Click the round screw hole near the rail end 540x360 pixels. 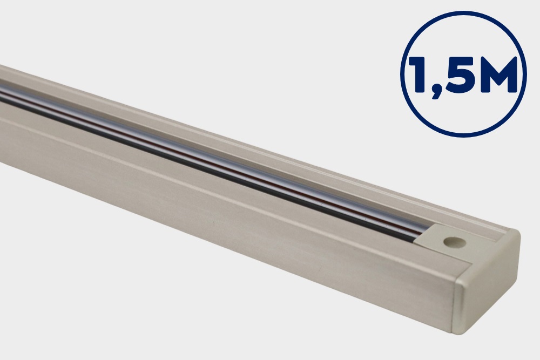[455, 242]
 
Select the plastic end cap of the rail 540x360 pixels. [487, 282]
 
